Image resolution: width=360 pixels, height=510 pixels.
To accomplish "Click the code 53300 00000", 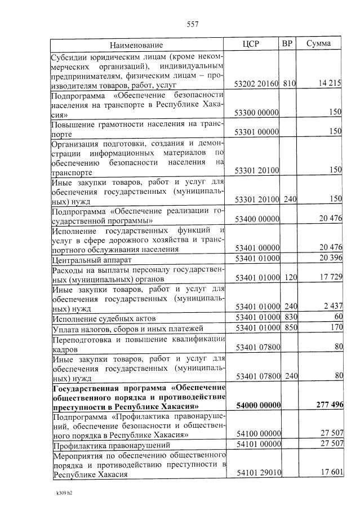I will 257,113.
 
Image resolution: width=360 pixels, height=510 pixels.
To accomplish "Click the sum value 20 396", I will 331,258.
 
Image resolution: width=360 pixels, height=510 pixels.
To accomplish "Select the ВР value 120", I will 290,277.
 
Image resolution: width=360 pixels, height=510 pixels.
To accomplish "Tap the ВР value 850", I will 290,327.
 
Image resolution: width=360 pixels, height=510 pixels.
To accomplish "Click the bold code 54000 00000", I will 257,406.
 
